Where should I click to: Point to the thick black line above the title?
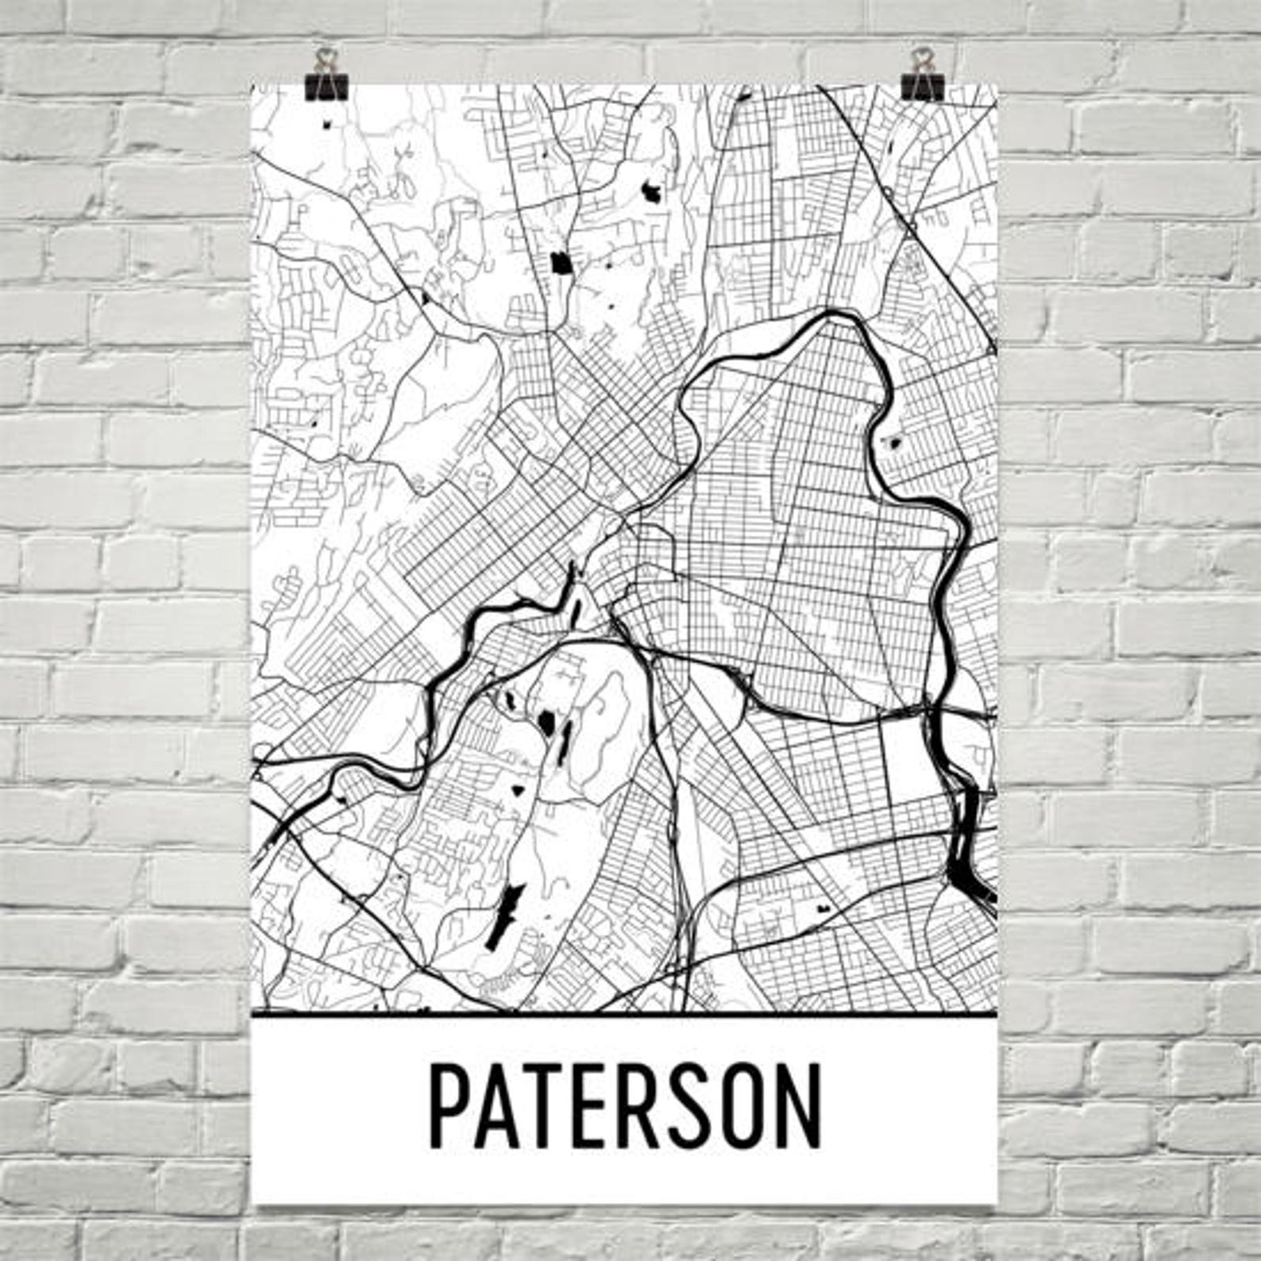coord(623,1014)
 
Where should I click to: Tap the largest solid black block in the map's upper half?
coord(561,262)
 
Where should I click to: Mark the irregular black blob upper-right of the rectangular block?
coord(652,192)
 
